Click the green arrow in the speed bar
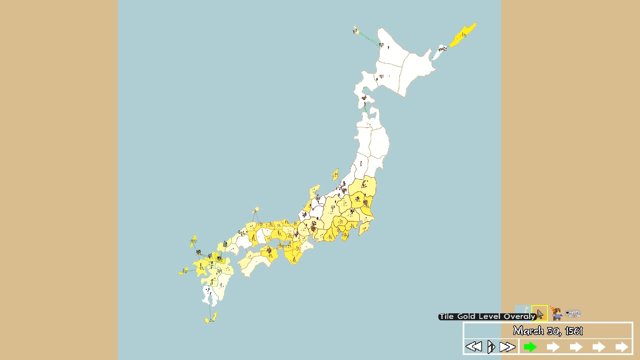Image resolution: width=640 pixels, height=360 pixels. click(530, 347)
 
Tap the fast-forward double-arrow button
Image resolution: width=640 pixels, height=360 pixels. click(507, 347)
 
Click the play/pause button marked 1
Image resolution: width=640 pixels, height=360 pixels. click(491, 347)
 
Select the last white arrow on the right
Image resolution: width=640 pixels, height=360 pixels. click(622, 347)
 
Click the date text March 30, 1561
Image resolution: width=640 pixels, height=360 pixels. click(548, 331)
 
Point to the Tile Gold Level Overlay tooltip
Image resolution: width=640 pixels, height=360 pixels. click(487, 316)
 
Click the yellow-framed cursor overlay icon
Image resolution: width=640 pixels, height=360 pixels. click(540, 314)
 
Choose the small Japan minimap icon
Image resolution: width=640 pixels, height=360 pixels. click(523, 312)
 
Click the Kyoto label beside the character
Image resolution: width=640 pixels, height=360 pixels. click(574, 314)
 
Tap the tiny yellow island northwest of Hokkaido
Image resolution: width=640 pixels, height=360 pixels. click(356, 31)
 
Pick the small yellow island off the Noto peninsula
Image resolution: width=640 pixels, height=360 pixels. click(335, 174)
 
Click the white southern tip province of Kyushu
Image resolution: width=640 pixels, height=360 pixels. click(209, 295)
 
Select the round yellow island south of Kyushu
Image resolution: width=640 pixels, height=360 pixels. click(207, 320)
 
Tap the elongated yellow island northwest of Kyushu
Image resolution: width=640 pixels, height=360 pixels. click(193, 241)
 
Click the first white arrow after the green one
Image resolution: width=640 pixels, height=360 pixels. click(553, 347)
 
